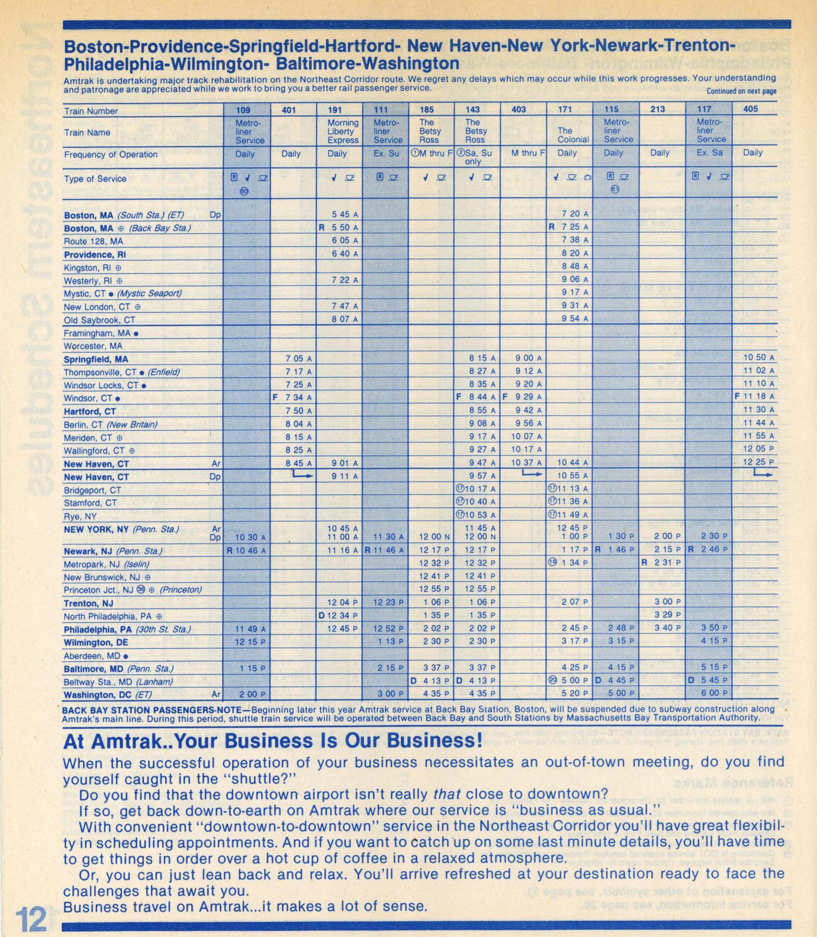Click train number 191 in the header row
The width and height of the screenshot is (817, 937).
click(335, 110)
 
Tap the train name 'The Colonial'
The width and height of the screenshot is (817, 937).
click(573, 135)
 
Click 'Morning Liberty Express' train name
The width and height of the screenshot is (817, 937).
click(343, 131)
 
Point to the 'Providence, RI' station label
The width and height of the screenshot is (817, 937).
click(95, 255)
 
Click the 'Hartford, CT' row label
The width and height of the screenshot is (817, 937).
click(90, 412)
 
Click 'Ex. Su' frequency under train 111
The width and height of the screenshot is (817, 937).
click(387, 154)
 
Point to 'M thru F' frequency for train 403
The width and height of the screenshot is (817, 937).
click(528, 153)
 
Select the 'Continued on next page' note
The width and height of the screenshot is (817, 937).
click(741, 91)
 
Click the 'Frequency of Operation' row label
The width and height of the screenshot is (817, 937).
click(110, 155)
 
